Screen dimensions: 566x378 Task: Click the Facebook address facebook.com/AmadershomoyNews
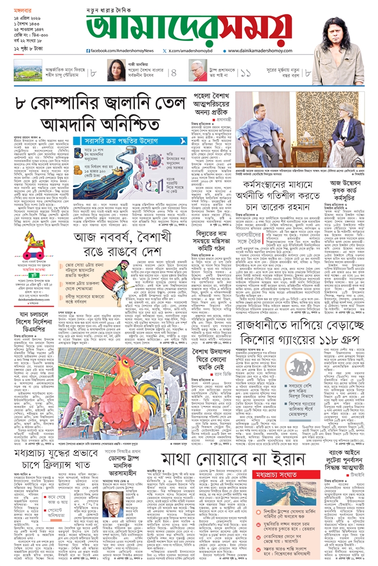pyautogui.click(x=120, y=50)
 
